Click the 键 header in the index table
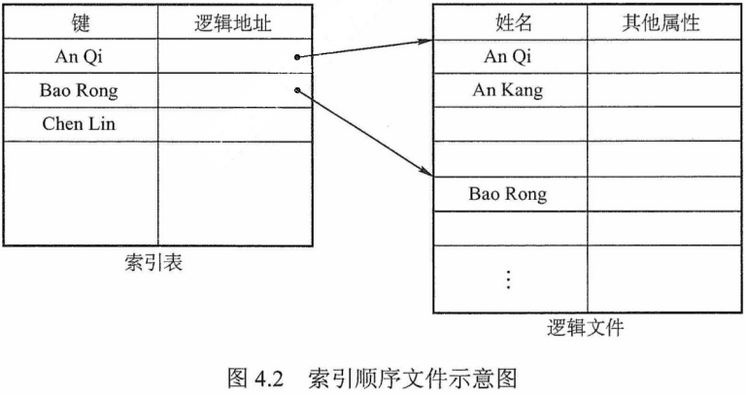coord(80,22)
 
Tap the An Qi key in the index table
coord(80,57)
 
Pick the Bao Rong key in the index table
coord(80,91)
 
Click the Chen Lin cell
coord(80,124)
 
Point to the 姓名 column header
coord(508,22)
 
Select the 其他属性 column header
coord(661,22)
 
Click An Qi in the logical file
coord(508,57)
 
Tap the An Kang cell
coord(508,91)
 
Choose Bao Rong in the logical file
coord(508,194)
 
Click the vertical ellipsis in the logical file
coord(508,279)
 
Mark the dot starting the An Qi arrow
coord(295,57)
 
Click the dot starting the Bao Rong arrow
coord(295,91)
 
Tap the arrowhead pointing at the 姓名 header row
coord(424,41)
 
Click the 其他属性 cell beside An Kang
coord(661,91)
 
